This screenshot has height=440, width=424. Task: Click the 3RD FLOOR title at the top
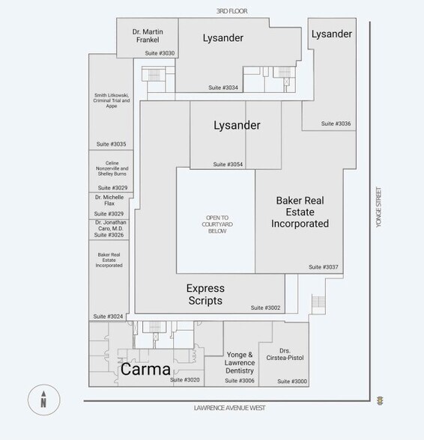tap(231, 11)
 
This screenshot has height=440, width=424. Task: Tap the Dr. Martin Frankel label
tap(147, 35)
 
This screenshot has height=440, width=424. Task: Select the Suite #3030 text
tap(160, 53)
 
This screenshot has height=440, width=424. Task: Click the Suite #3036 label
tap(336, 123)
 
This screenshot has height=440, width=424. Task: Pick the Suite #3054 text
tap(228, 164)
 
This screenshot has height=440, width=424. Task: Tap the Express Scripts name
tap(205, 294)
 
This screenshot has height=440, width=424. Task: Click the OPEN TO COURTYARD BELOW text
tap(216, 224)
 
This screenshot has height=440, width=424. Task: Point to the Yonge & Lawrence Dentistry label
tap(240, 362)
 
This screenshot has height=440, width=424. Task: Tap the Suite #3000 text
tap(292, 381)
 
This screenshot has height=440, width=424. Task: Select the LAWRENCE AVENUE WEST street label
tap(229, 408)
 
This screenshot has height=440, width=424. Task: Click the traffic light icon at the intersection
tap(381, 400)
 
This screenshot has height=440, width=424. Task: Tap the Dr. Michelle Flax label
tap(110, 200)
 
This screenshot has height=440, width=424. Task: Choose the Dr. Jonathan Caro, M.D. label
tap(110, 225)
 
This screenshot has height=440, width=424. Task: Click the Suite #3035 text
tap(111, 144)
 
